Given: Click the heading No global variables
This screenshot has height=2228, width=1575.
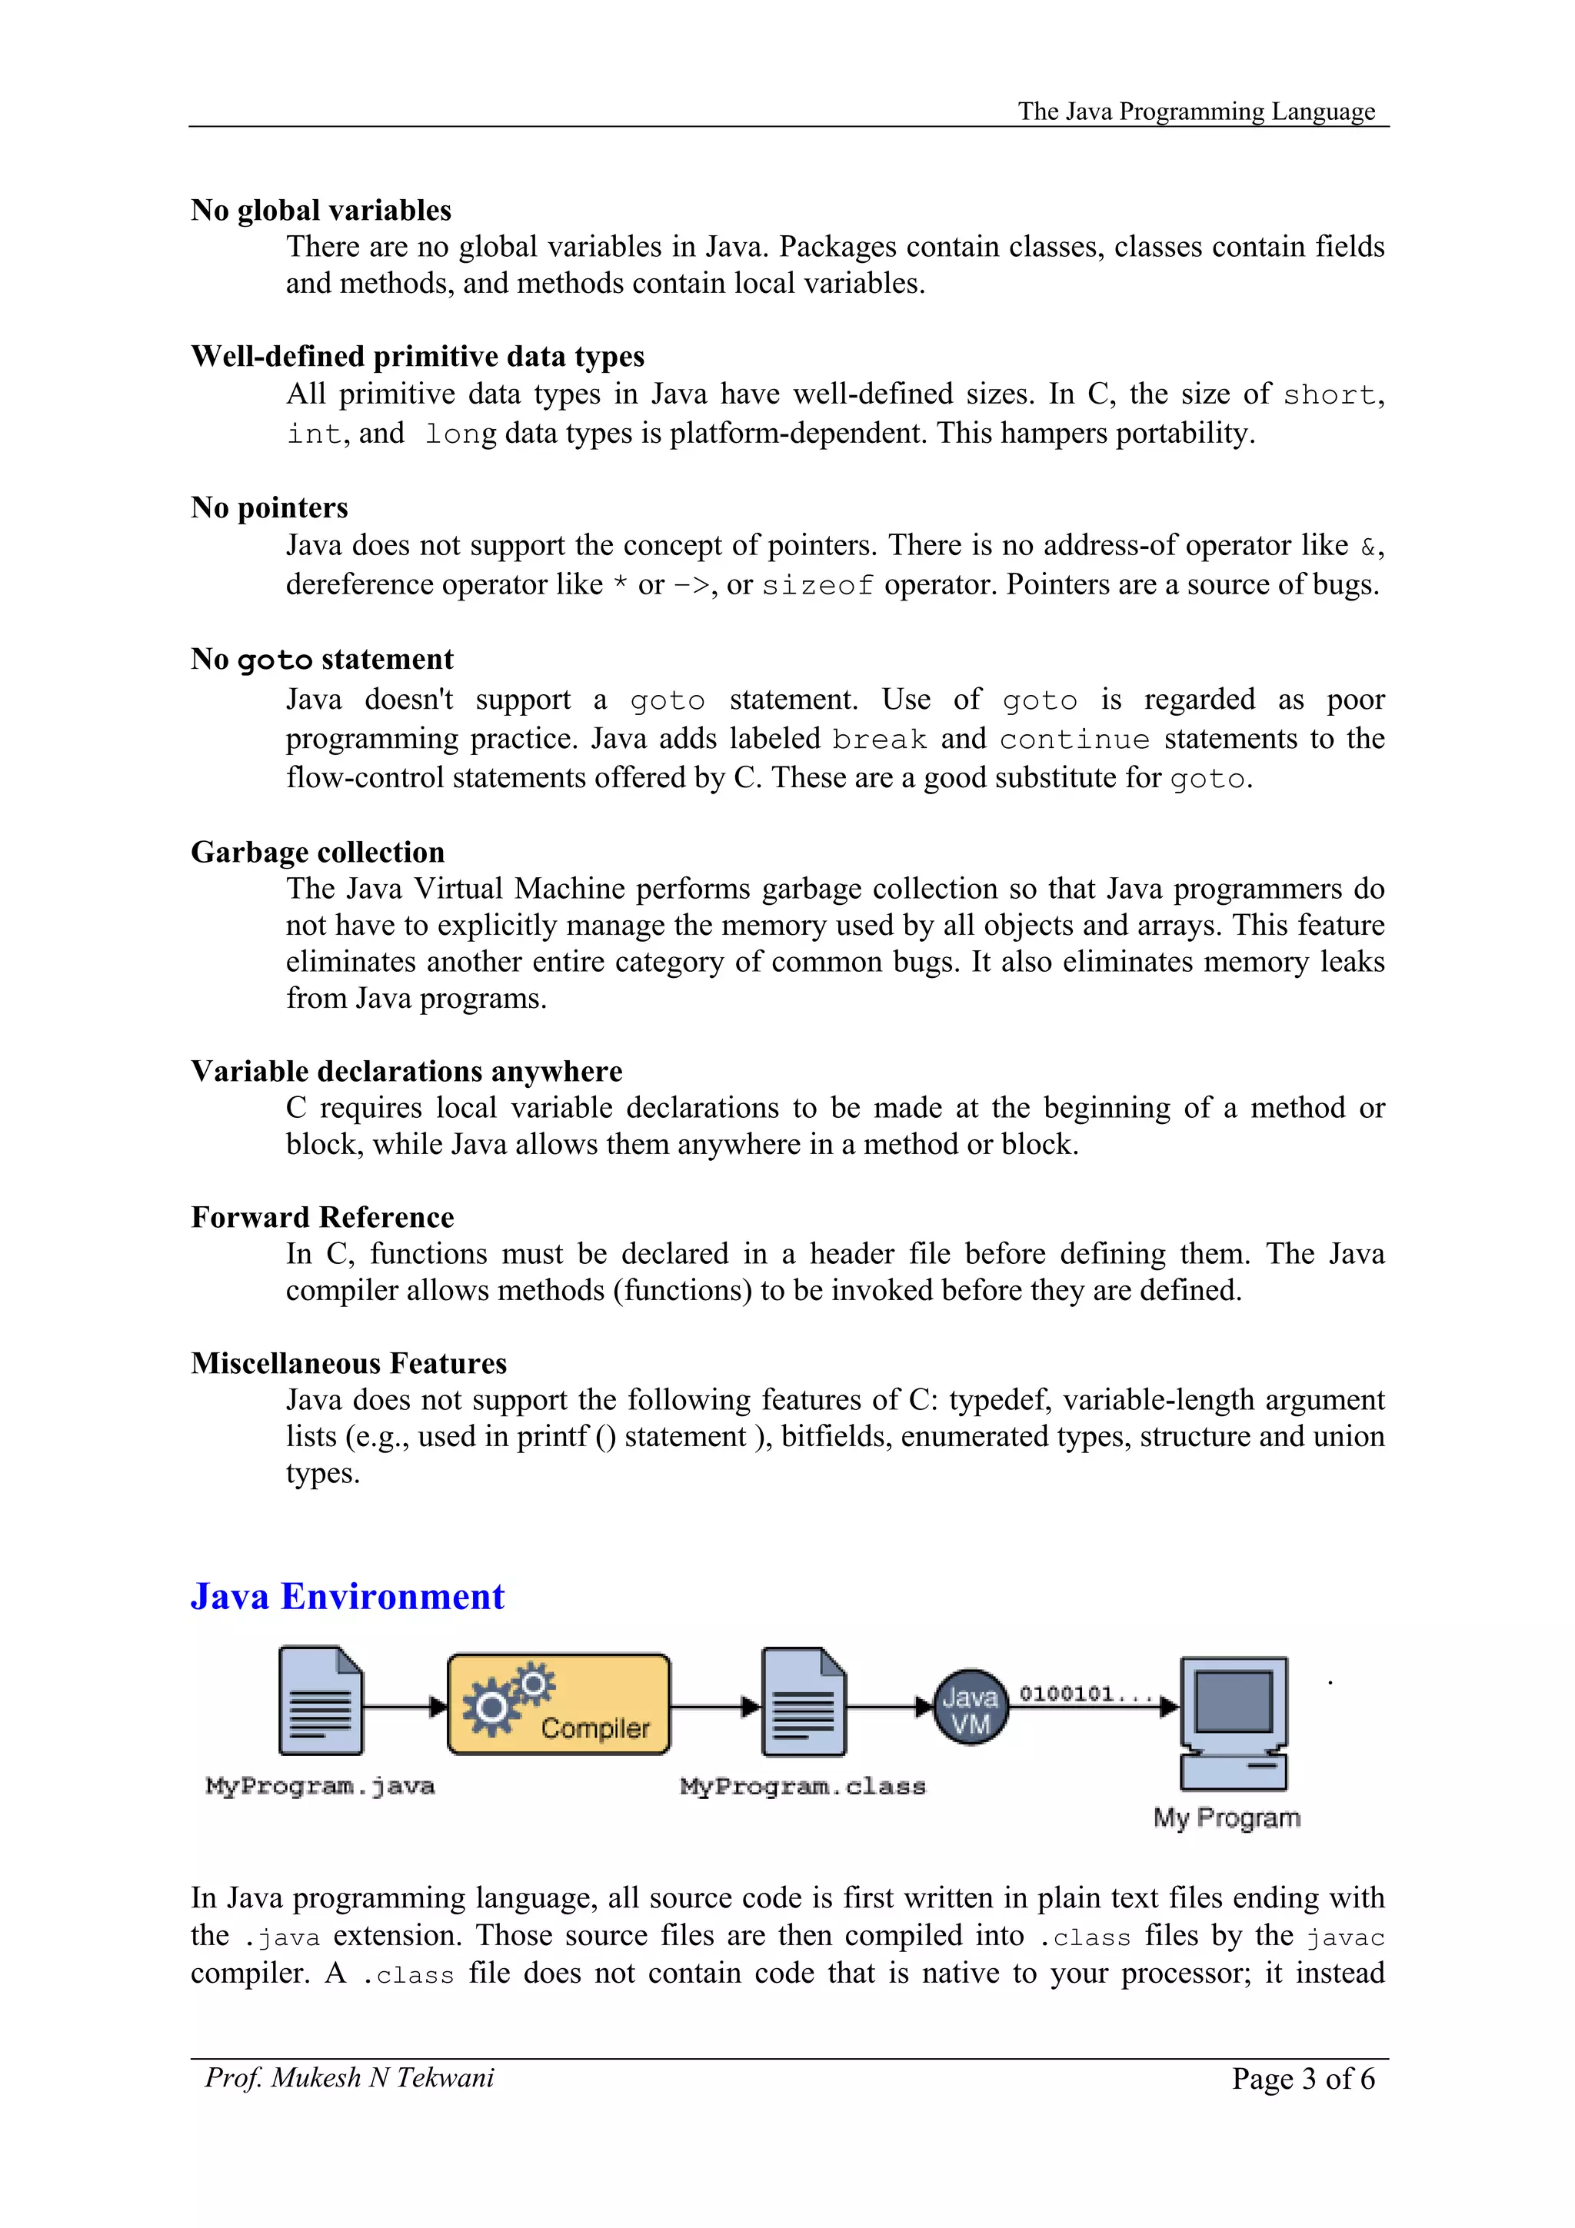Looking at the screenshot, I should pyautogui.click(x=321, y=211).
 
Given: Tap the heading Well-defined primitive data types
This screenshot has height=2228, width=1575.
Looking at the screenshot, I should pyautogui.click(x=418, y=356).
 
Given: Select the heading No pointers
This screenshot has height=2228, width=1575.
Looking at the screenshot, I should pyautogui.click(x=269, y=507).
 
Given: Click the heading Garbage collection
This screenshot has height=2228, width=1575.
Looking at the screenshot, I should pyautogui.click(x=318, y=852).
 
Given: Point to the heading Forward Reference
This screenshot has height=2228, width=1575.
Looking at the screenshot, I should pyautogui.click(x=322, y=1217).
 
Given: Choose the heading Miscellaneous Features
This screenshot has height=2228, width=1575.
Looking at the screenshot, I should pyautogui.click(x=348, y=1363).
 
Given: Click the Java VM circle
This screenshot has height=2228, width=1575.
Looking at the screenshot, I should pyautogui.click(x=970, y=1707).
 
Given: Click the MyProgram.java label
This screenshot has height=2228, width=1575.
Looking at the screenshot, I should pyautogui.click(x=320, y=1787).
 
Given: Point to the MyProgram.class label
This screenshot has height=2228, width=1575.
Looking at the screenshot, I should pyautogui.click(x=803, y=1787).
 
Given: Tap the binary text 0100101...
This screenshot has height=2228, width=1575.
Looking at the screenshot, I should pyautogui.click(x=1084, y=1694).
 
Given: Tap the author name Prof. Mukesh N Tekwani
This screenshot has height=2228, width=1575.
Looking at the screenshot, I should pyautogui.click(x=349, y=2077).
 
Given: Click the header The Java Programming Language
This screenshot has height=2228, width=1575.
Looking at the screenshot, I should pyautogui.click(x=1196, y=111).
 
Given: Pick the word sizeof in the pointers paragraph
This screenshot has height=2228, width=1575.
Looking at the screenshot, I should pyautogui.click(x=817, y=586).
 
